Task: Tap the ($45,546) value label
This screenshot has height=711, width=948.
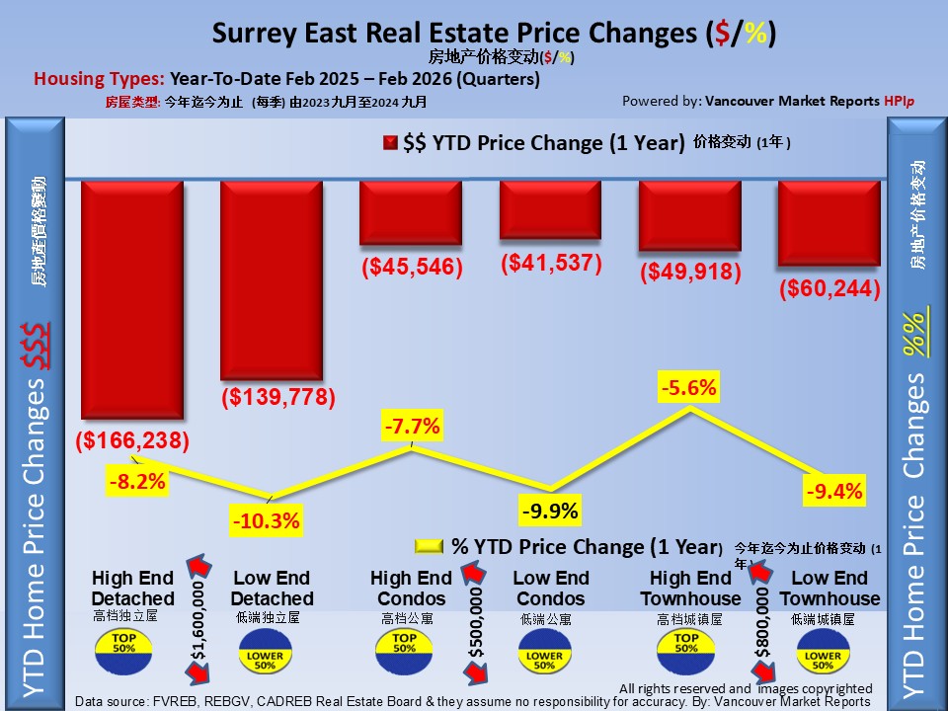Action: (411, 267)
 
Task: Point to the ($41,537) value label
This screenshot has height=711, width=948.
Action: (551, 263)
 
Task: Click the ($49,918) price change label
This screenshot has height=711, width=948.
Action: (690, 272)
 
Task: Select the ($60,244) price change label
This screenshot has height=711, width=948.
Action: (829, 289)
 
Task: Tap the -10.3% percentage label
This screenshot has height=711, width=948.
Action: (266, 520)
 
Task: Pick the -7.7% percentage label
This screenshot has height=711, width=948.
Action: (411, 428)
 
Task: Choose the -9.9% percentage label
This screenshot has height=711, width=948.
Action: (550, 512)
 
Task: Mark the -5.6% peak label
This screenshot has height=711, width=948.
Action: (689, 388)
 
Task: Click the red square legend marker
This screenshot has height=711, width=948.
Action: (390, 143)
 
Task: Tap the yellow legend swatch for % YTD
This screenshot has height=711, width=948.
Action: (430, 546)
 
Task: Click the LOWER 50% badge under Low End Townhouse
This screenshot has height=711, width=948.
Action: (823, 655)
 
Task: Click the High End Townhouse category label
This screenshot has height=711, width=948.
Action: (690, 589)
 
